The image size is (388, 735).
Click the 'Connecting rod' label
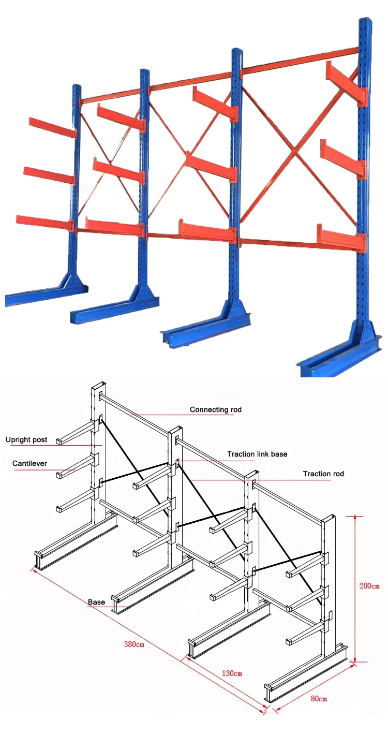215,409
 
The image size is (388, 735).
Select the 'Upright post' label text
26,440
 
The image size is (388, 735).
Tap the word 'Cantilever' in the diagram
29,463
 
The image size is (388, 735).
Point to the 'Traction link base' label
257,454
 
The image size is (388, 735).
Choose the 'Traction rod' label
323,474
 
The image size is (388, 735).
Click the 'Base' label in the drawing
96,602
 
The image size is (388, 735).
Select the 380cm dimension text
133,644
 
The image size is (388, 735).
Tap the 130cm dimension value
232,673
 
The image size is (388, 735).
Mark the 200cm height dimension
369,586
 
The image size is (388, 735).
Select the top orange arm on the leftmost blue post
52,127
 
